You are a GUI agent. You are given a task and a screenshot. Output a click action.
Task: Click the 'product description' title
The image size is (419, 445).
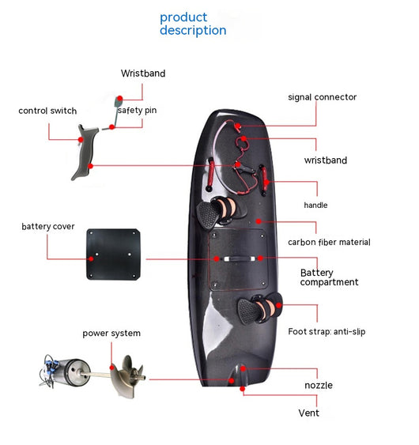pyautogui.click(x=193, y=24)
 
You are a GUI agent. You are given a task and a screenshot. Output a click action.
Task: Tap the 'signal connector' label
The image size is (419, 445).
pyautogui.click(x=323, y=97)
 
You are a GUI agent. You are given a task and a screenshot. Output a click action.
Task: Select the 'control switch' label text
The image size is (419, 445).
pyautogui.click(x=47, y=111)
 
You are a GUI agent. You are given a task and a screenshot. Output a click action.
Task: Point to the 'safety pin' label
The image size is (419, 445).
pyautogui.click(x=138, y=110)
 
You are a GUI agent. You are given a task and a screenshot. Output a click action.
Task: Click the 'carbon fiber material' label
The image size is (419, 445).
pyautogui.click(x=329, y=242)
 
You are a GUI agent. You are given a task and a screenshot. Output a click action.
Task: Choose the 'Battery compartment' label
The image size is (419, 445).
pyautogui.click(x=330, y=277)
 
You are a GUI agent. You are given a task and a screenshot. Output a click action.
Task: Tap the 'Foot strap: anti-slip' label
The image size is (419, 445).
pyautogui.click(x=327, y=331)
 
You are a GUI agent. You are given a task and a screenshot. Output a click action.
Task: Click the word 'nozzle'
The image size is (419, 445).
pyautogui.click(x=319, y=385)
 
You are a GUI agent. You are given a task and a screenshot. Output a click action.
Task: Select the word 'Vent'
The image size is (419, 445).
pyautogui.click(x=308, y=413)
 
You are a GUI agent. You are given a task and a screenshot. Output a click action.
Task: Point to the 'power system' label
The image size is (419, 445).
pyautogui.click(x=111, y=334)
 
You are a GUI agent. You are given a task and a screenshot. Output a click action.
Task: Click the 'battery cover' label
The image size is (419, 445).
pyautogui.click(x=48, y=227)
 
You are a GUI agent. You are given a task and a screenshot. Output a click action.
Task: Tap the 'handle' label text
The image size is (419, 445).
pyautogui.click(x=315, y=205)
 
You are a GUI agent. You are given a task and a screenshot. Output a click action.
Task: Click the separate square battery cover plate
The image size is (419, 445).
pyautogui.click(x=113, y=255)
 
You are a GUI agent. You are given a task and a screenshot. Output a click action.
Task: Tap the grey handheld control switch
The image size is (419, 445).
pyautogui.click(x=85, y=152)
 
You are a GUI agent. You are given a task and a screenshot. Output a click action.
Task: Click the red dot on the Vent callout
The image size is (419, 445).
pyautogui.click(x=243, y=389)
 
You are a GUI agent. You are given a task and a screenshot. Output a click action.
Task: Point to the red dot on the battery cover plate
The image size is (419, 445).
pyautogui.click(x=91, y=258)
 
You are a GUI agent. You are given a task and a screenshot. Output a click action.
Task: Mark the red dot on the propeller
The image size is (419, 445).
pyautogui.click(x=112, y=368)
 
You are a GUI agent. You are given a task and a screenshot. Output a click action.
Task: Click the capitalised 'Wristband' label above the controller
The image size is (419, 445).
pyautogui.click(x=143, y=74)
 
